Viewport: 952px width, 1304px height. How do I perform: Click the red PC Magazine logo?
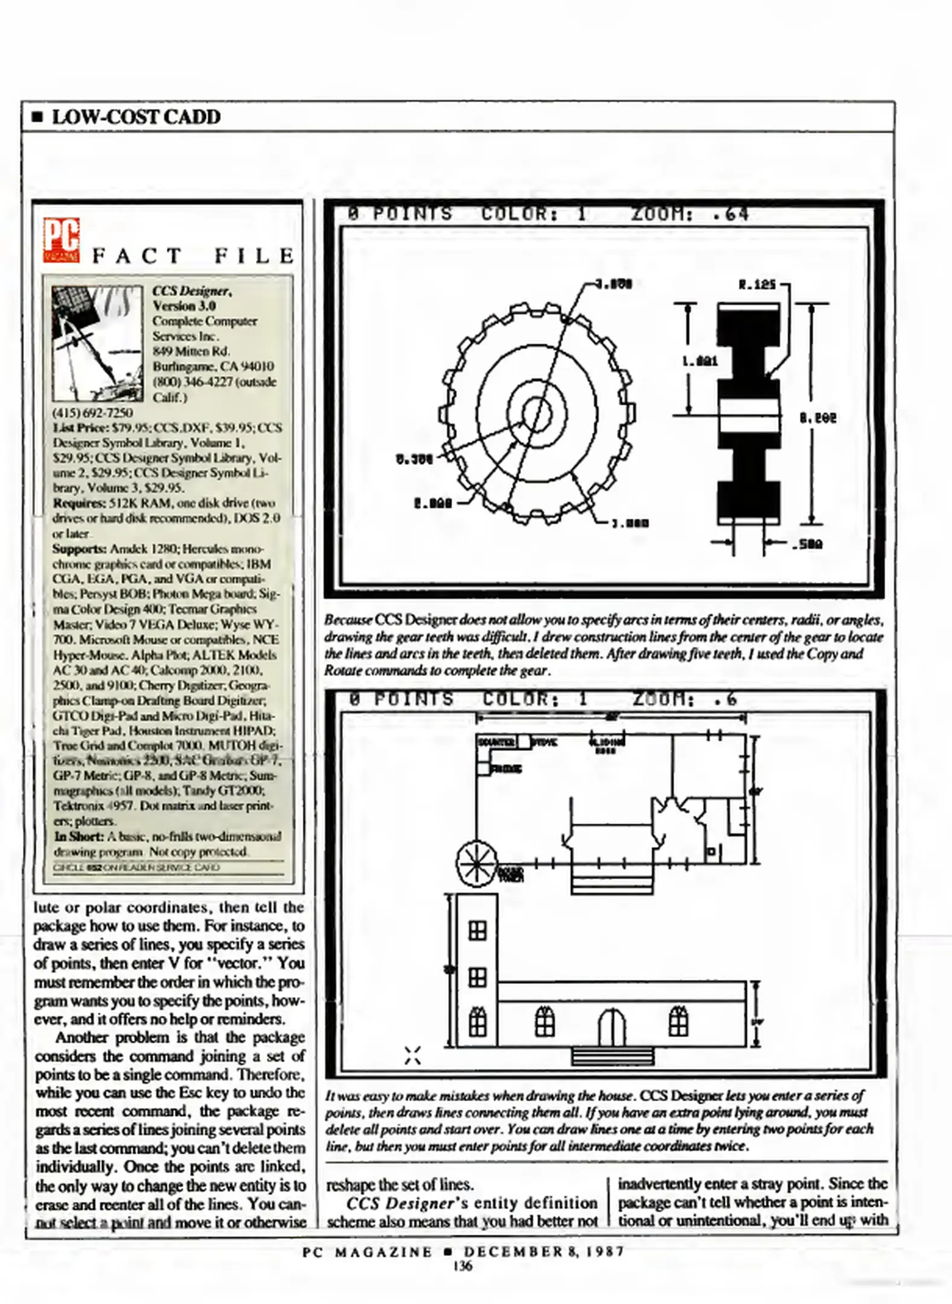pyautogui.click(x=61, y=240)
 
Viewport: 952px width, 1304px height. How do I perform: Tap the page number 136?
pyautogui.click(x=463, y=1266)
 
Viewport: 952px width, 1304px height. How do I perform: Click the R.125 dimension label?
pyautogui.click(x=757, y=284)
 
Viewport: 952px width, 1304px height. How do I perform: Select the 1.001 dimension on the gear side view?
pyautogui.click(x=700, y=361)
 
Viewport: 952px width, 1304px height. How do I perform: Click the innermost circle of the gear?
pyautogui.click(x=537, y=414)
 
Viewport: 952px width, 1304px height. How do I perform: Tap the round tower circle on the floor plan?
pyautogui.click(x=476, y=864)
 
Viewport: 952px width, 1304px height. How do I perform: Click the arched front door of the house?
pyautogui.click(x=612, y=1027)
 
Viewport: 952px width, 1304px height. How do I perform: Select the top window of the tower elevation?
pyautogui.click(x=478, y=931)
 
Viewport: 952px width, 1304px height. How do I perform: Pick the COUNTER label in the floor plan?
pyautogui.click(x=496, y=741)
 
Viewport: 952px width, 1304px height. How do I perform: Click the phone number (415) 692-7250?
pyautogui.click(x=93, y=413)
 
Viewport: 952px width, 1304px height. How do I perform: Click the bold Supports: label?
pyautogui.click(x=80, y=549)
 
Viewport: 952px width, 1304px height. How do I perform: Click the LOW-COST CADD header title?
pyautogui.click(x=136, y=117)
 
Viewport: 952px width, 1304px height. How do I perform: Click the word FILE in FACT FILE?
pyautogui.click(x=254, y=256)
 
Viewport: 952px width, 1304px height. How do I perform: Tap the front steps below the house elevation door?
pyautogui.click(x=612, y=1057)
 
